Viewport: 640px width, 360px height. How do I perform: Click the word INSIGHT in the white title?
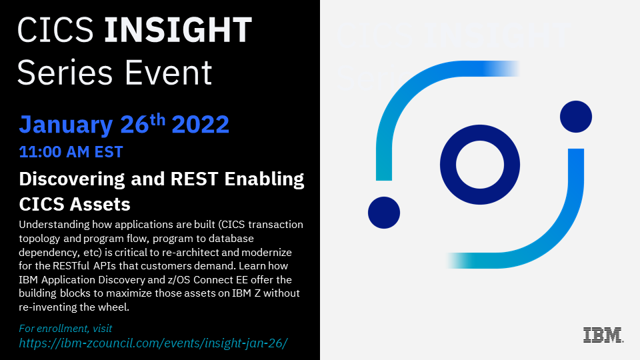coord(178,30)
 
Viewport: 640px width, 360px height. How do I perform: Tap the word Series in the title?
coord(65,73)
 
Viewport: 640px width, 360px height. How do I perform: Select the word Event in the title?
coord(168,73)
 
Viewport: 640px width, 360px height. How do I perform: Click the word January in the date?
coord(66,125)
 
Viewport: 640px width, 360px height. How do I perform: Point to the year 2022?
coord(201,125)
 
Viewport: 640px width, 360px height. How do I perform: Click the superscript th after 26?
coord(157,119)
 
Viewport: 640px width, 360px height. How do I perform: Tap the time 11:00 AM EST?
coord(71,152)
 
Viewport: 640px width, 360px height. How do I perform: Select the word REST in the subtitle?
coord(194,179)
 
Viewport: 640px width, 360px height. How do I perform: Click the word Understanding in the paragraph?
coord(54,225)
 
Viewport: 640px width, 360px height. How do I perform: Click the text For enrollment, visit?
coord(65,329)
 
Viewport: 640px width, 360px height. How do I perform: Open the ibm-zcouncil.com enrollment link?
coord(153,343)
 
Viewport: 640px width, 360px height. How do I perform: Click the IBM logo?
coord(603,335)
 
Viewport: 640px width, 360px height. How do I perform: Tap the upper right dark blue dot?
coord(576,117)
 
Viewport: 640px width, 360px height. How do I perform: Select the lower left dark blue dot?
coord(384,213)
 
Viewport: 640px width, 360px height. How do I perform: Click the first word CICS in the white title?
coord(55,30)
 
